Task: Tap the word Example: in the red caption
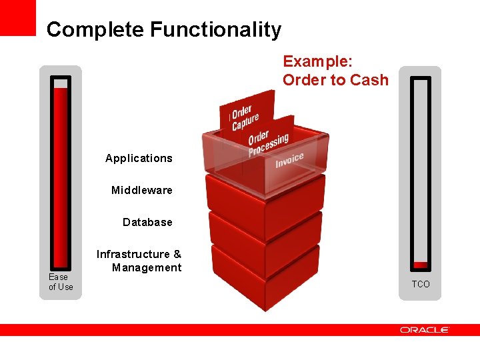click(318, 61)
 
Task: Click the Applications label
click(139, 158)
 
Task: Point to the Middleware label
click(141, 190)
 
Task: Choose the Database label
click(147, 222)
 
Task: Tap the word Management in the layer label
click(147, 267)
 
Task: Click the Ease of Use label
click(60, 282)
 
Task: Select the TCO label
click(421, 285)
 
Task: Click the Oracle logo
click(425, 330)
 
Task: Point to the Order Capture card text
click(245, 117)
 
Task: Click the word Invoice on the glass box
click(289, 160)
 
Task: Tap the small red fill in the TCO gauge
click(420, 265)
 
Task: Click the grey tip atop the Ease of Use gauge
click(61, 83)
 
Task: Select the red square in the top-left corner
click(18, 17)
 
